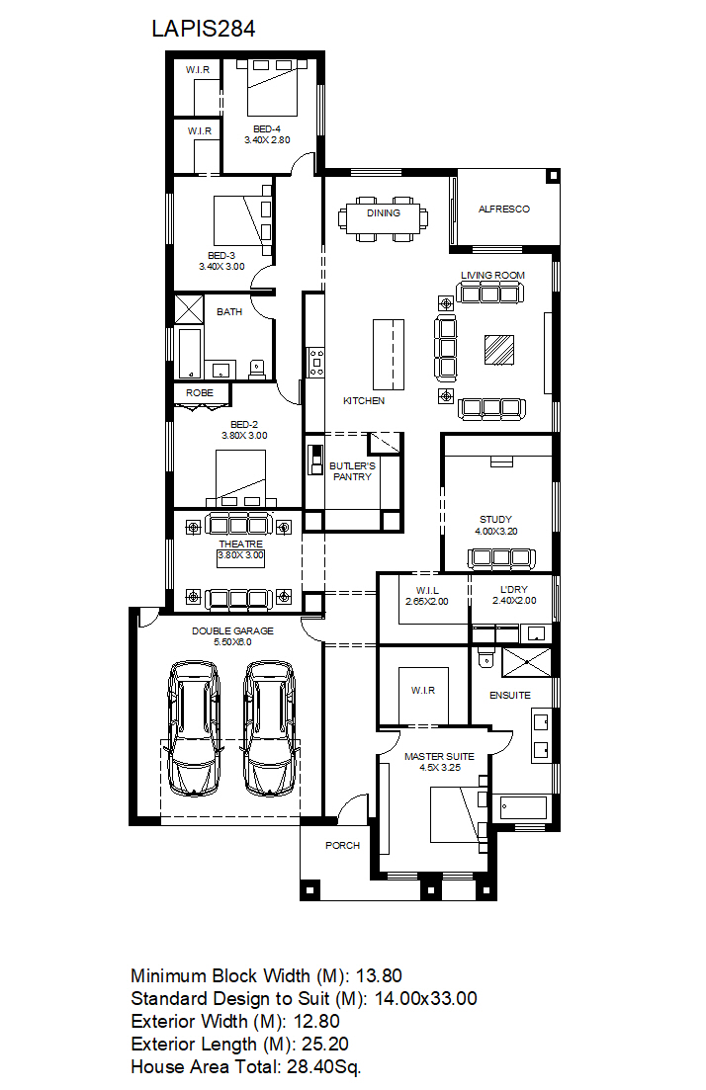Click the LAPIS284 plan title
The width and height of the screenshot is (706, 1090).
[203, 29]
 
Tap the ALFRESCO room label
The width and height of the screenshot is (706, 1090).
[503, 209]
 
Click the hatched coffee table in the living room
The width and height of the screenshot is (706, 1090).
[499, 349]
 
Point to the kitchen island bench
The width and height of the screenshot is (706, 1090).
[389, 355]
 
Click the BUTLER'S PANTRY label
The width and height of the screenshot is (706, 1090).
[352, 471]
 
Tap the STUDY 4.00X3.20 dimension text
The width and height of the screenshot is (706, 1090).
[496, 531]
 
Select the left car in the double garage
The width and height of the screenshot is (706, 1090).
[194, 727]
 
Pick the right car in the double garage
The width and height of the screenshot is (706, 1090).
[270, 727]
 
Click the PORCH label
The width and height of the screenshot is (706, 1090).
[342, 845]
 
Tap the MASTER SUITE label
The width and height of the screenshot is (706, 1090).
[439, 756]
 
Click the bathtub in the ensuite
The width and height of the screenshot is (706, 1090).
[523, 807]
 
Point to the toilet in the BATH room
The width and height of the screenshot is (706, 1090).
[257, 369]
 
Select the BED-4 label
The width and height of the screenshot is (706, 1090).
[267, 128]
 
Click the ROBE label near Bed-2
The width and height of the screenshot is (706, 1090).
[200, 392]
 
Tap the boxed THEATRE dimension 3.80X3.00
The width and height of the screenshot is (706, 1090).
[240, 555]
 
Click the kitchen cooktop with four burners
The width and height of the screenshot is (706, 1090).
[316, 362]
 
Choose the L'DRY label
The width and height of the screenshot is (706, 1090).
[514, 589]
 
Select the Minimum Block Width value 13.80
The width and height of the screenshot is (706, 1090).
[379, 976]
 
